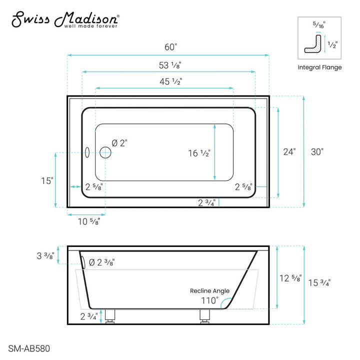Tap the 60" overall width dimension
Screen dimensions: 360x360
pos(171,47)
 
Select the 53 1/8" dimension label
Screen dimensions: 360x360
pos(170,65)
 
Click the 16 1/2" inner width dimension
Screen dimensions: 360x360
pos(199,153)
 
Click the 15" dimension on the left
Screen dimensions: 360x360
pos(47,180)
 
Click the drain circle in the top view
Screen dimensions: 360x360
pos(105,152)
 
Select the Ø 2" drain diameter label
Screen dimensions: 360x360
pos(119,143)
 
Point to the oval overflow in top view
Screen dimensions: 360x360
pos(86,152)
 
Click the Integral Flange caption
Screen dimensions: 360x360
pos(320,67)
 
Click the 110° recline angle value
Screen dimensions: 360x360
pos(210,300)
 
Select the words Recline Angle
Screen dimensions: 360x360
pos(209,290)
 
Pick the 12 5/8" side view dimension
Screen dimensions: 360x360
pos(290,278)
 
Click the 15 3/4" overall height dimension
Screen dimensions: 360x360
pos(320,282)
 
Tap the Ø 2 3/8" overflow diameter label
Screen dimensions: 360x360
pos(102,262)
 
